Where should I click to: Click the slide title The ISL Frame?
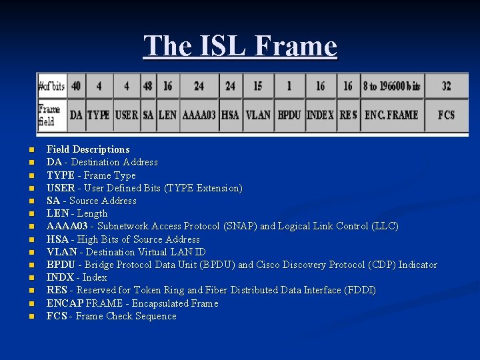click(x=240, y=47)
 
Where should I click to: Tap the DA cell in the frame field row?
click(x=76, y=115)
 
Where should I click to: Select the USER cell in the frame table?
click(x=126, y=115)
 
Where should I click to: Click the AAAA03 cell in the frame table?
click(x=199, y=115)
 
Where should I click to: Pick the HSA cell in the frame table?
click(x=230, y=115)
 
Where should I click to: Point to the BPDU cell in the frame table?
click(x=289, y=115)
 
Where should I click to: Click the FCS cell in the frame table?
click(x=446, y=115)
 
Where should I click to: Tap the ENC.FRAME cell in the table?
click(x=391, y=115)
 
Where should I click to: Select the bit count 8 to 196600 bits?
click(x=391, y=86)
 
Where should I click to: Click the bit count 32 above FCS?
click(x=446, y=86)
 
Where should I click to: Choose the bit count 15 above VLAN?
click(x=257, y=86)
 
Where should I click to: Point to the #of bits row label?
click(x=51, y=86)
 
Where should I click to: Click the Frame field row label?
click(x=49, y=114)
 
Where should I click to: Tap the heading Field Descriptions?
click(x=88, y=149)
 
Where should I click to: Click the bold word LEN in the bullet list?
click(x=57, y=213)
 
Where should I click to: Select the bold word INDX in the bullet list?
click(x=60, y=277)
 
